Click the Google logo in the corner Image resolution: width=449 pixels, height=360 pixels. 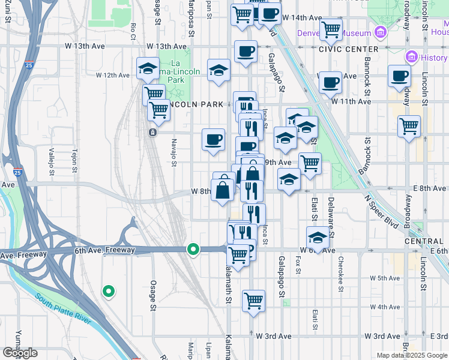click(20, 353)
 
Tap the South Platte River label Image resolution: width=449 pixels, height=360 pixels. click(63, 310)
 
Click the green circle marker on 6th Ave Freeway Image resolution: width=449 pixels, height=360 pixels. click(193, 248)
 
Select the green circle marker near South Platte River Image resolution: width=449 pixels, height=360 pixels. click(108, 292)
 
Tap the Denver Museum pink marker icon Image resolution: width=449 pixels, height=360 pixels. click(379, 31)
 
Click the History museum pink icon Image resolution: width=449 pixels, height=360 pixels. click(412, 58)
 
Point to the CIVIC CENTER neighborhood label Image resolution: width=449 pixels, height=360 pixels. click(349, 49)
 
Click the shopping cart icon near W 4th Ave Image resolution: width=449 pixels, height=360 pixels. click(254, 299)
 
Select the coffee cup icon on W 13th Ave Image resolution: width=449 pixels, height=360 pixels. click(245, 52)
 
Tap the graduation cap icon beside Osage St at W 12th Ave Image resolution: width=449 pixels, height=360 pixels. click(148, 68)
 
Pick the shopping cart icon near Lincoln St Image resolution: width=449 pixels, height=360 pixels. click(409, 127)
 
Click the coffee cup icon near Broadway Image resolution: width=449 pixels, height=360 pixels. click(399, 76)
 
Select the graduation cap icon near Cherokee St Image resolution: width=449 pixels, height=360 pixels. click(318, 237)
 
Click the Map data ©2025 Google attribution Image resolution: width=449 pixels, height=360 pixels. click(412, 355)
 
